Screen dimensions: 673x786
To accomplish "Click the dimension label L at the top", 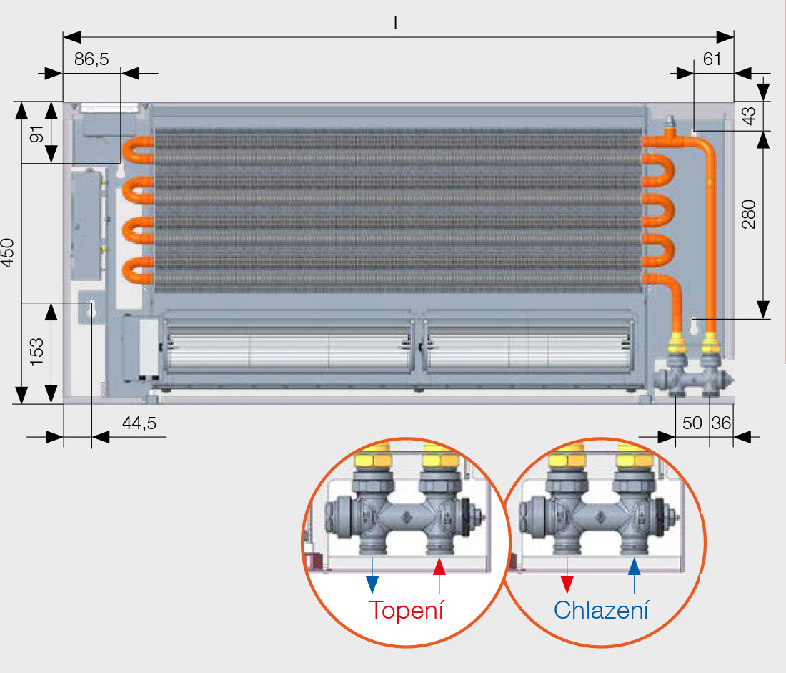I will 399,23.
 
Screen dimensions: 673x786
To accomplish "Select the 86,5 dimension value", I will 91,59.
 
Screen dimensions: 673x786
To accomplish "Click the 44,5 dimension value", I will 139,423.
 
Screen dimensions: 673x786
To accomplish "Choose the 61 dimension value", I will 712,59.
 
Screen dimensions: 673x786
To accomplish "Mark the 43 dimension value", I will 748,116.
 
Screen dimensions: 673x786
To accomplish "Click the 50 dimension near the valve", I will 692,423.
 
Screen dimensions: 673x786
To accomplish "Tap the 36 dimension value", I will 721,423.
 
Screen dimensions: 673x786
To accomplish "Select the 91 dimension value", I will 37,133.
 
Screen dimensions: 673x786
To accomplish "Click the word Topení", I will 407,610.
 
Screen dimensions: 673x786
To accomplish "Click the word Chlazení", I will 602,610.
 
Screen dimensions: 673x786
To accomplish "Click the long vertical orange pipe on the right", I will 710,236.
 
